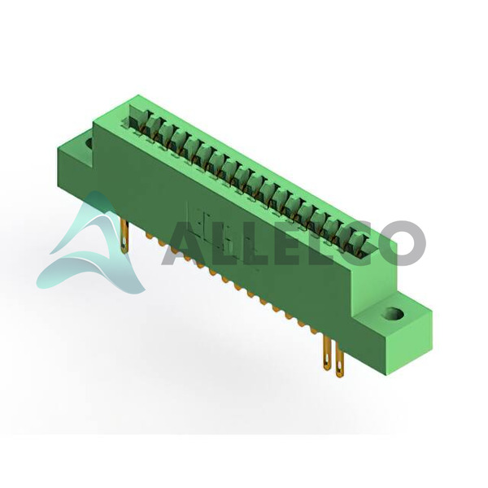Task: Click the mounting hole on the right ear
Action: (394, 313)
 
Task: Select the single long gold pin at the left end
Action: (124, 237)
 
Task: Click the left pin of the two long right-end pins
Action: (327, 353)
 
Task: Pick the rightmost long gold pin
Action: (339, 360)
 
